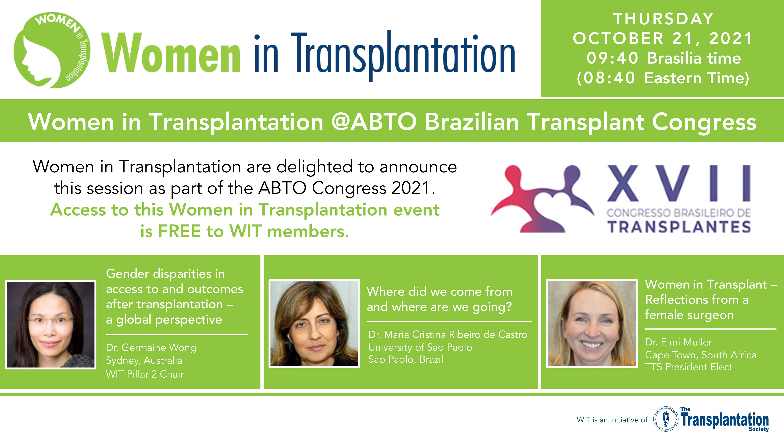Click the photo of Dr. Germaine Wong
coord(50,324)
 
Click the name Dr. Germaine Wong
coord(151,348)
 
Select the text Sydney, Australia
coord(144,361)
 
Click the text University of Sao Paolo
coord(420,347)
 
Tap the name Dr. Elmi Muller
coord(678,342)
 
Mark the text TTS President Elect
coord(689,367)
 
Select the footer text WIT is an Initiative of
coord(612,420)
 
